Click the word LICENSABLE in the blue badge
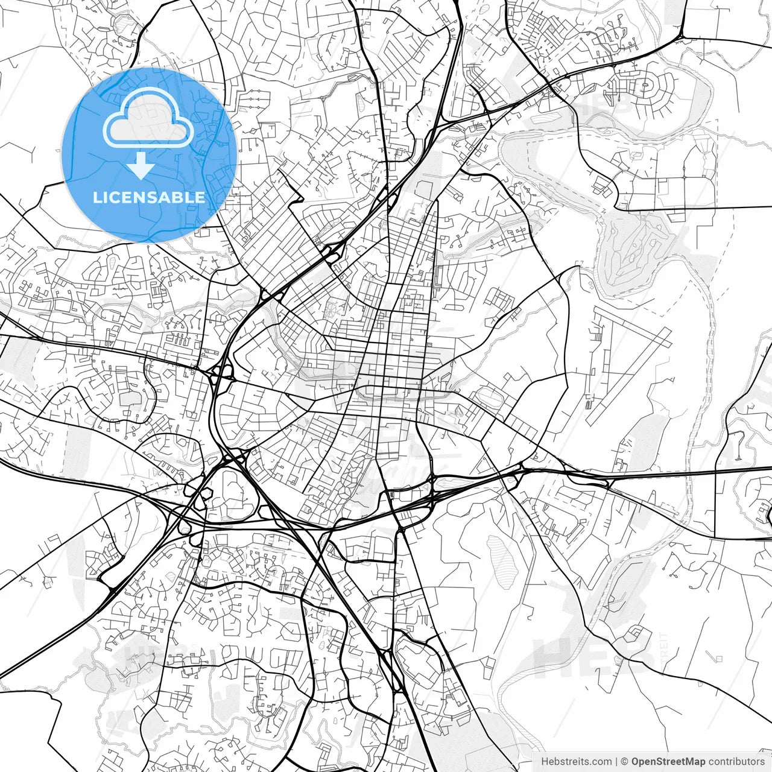149,197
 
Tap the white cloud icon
148,118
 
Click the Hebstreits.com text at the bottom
576,762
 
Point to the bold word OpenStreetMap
668,762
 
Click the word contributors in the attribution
736,762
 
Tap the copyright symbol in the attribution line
625,762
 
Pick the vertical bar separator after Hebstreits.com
615,762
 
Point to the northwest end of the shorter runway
597,311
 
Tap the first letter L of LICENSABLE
96,197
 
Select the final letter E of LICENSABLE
200,197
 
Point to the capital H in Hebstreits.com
545,762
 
